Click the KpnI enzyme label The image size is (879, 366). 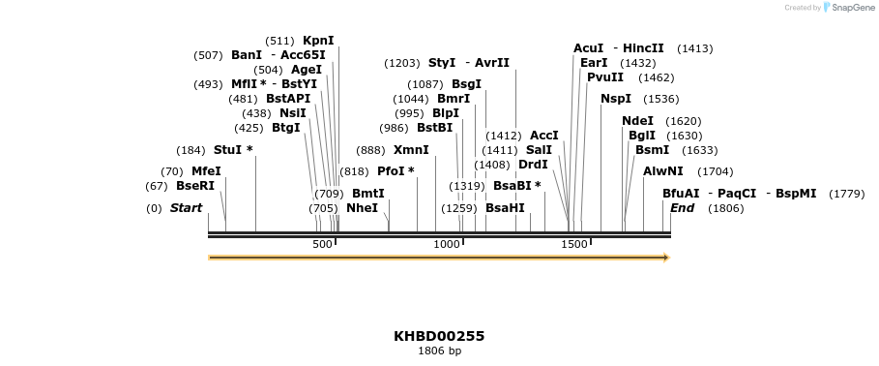(318, 41)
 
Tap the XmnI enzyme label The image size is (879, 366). (411, 150)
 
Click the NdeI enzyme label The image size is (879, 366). (637, 121)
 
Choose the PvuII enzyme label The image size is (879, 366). (605, 77)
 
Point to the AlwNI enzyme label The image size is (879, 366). (662, 171)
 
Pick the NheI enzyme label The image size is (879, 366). (362, 208)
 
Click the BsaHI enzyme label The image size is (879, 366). (505, 208)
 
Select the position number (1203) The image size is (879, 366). (402, 63)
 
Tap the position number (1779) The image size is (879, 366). (846, 194)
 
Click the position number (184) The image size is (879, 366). (190, 150)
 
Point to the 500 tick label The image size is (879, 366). (322, 245)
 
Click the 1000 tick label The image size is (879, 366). (447, 245)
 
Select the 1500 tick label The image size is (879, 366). (574, 245)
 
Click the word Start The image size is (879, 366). (187, 208)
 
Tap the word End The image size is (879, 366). (682, 208)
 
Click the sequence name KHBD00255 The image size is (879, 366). (439, 336)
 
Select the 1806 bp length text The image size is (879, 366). (439, 351)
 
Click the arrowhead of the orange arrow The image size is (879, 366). (665, 258)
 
